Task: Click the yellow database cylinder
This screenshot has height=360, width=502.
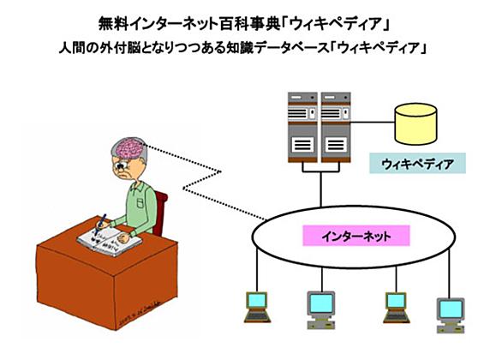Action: pos(415,124)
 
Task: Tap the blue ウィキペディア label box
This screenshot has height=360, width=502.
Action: pos(417,164)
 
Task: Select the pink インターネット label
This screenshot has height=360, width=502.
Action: pos(356,236)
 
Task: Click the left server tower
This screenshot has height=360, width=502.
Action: pos(302,127)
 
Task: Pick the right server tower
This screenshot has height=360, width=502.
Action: pos(336,127)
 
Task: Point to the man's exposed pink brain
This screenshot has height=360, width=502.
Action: pos(129,148)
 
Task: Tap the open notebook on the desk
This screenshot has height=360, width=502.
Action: pos(109,241)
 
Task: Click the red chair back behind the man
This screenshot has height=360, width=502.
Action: pos(160,213)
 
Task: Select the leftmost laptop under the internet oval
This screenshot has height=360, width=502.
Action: pos(257,307)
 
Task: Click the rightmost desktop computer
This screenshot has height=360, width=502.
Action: pos(451,315)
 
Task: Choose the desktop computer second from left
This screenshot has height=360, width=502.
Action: pos(320,310)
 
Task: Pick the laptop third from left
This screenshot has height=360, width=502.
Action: pos(397,308)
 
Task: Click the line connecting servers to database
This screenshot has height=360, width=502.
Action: pos(373,123)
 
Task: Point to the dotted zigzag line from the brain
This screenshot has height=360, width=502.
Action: pos(202,179)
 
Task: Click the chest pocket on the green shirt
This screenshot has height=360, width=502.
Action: pos(140,203)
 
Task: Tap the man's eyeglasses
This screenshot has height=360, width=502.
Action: pos(122,165)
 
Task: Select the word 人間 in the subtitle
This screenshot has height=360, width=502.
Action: pos(71,48)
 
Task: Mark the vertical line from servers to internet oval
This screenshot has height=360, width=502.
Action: pos(320,189)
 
